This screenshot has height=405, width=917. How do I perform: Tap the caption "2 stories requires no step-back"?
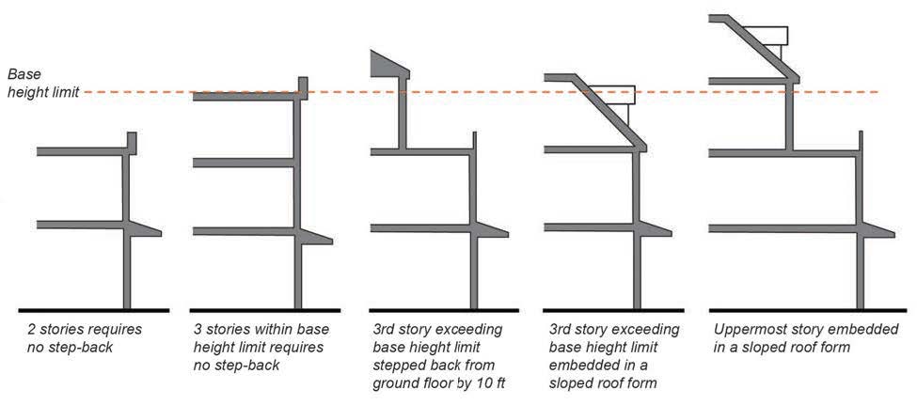click(84, 338)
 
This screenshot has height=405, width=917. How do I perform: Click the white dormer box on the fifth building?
click(774, 36)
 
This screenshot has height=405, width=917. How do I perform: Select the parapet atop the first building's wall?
click(132, 144)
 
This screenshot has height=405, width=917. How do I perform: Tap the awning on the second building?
click(316, 236)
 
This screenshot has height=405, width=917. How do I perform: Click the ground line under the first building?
click(93, 309)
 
